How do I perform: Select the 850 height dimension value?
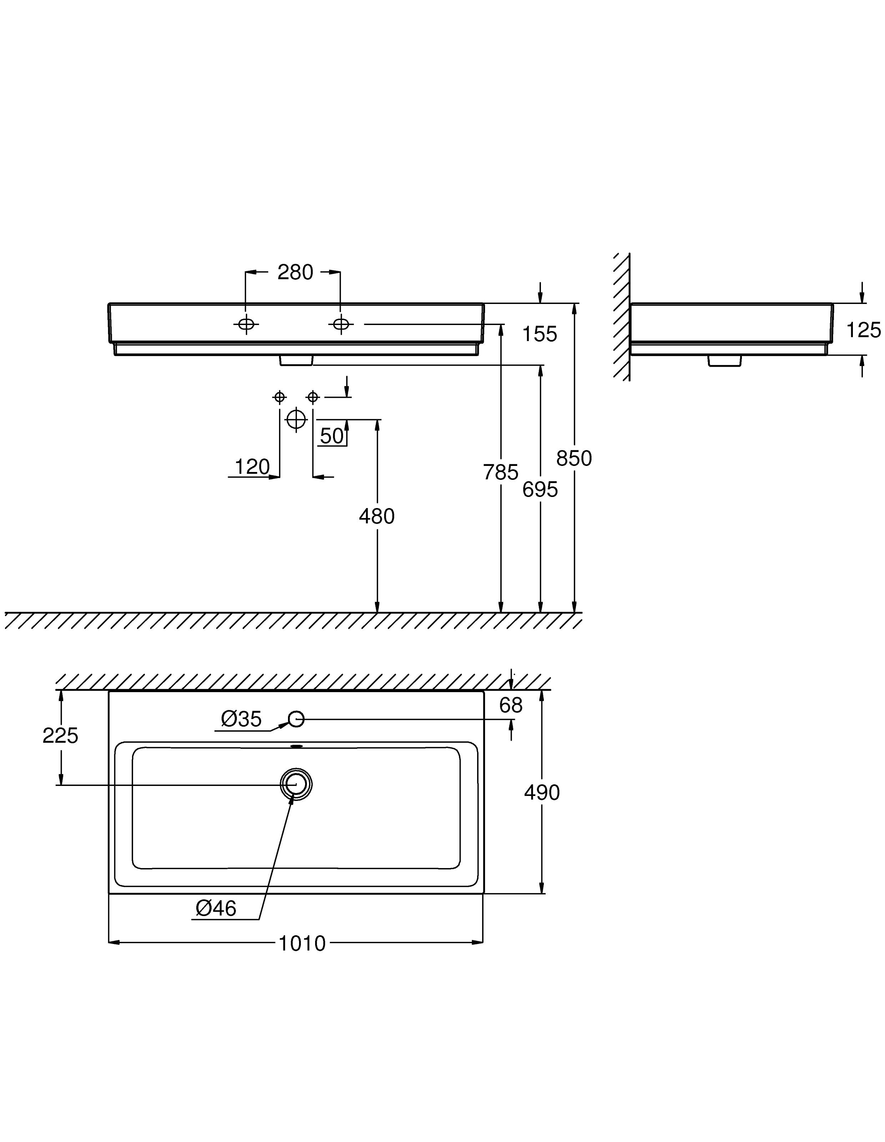coord(574,458)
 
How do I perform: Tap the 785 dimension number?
coord(501,472)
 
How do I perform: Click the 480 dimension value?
coord(376,517)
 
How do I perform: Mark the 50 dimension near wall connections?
coord(332,436)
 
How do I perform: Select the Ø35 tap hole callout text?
coord(241,719)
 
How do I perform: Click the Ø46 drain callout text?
coord(216,908)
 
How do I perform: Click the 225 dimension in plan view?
coord(60,736)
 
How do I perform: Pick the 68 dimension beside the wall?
coord(511,705)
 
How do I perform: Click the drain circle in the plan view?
coord(296,784)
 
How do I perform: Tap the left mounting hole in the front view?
coord(246,324)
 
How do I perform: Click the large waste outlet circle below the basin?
coord(296,419)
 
